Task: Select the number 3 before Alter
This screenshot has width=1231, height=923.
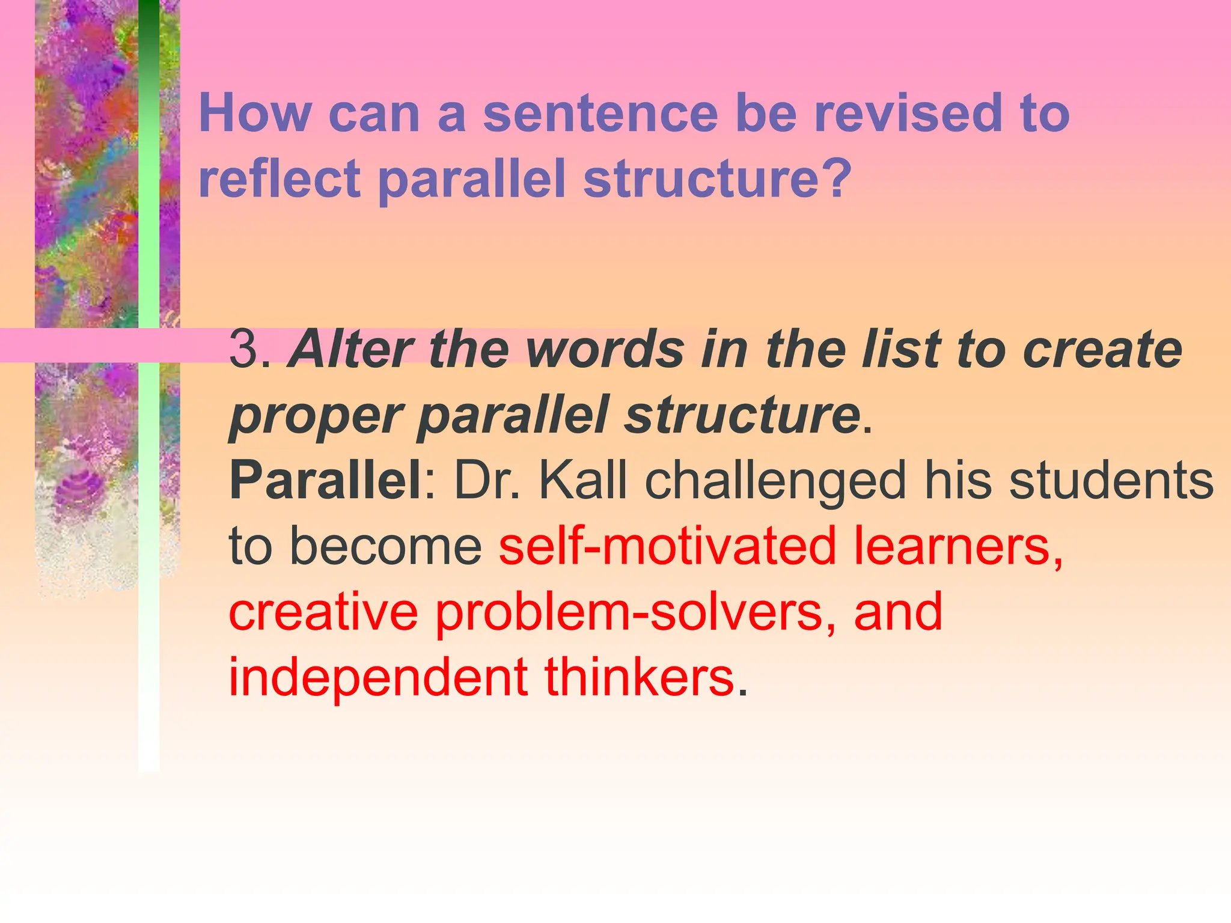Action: pyautogui.click(x=244, y=349)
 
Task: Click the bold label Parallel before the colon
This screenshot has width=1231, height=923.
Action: pyautogui.click(x=325, y=480)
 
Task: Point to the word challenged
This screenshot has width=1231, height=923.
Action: pyautogui.click(x=775, y=481)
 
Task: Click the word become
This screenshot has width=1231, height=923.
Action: pyautogui.click(x=385, y=546)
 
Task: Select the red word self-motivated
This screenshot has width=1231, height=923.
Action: pyautogui.click(x=667, y=546)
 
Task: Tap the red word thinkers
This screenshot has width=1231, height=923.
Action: pyautogui.click(x=640, y=677)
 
